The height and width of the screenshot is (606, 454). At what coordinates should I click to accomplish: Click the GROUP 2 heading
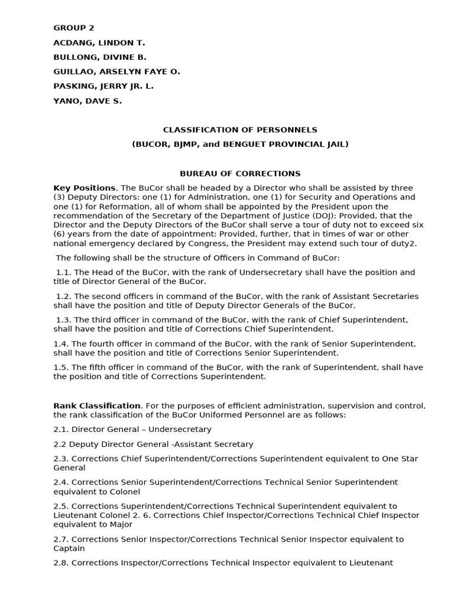tap(74, 28)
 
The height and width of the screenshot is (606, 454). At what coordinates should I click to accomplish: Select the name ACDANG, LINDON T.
tap(99, 43)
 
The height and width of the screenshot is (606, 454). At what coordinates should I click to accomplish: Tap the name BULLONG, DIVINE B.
tap(100, 57)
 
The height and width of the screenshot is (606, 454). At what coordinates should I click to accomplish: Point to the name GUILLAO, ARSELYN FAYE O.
tap(116, 72)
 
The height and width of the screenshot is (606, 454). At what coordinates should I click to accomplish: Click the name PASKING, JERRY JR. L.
tap(103, 86)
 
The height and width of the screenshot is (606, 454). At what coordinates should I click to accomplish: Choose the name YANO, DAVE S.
tap(87, 101)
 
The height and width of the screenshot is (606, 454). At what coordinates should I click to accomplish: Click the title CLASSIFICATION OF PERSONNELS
tap(240, 130)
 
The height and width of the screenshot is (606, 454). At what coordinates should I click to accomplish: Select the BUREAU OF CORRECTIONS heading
tap(240, 173)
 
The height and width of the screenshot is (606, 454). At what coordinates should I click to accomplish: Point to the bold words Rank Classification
tap(97, 405)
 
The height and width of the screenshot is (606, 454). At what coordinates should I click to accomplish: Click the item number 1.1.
tap(63, 272)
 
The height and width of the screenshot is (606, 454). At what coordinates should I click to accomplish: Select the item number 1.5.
tap(61, 367)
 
